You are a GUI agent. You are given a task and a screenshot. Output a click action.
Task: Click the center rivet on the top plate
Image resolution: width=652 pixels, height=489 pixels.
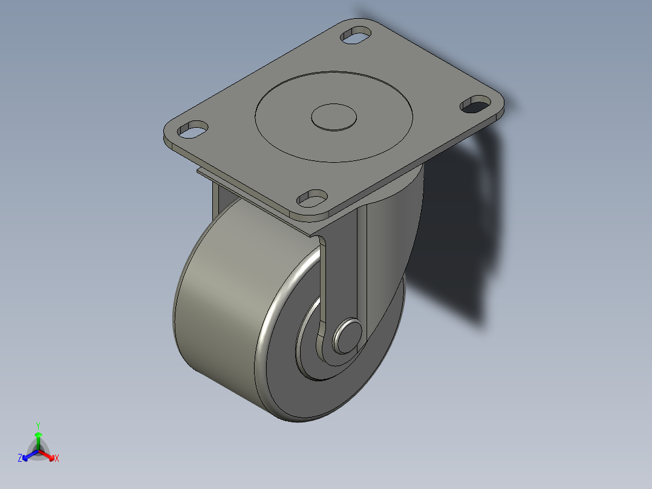tap(333, 117)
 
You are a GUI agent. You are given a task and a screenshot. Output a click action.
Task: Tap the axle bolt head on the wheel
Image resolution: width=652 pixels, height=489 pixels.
tap(349, 335)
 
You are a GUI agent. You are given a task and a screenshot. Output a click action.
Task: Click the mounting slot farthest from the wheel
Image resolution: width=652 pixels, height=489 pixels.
tap(356, 34)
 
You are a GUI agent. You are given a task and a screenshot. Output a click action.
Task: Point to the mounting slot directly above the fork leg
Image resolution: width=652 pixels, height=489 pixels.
tap(312, 197)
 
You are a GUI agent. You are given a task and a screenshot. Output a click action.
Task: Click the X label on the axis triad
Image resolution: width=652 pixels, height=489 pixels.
tap(57, 459)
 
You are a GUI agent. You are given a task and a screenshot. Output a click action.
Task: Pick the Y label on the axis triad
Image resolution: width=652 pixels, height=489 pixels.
tap(38, 425)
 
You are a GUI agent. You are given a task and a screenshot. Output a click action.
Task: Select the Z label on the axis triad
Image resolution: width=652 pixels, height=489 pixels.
tap(20, 458)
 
